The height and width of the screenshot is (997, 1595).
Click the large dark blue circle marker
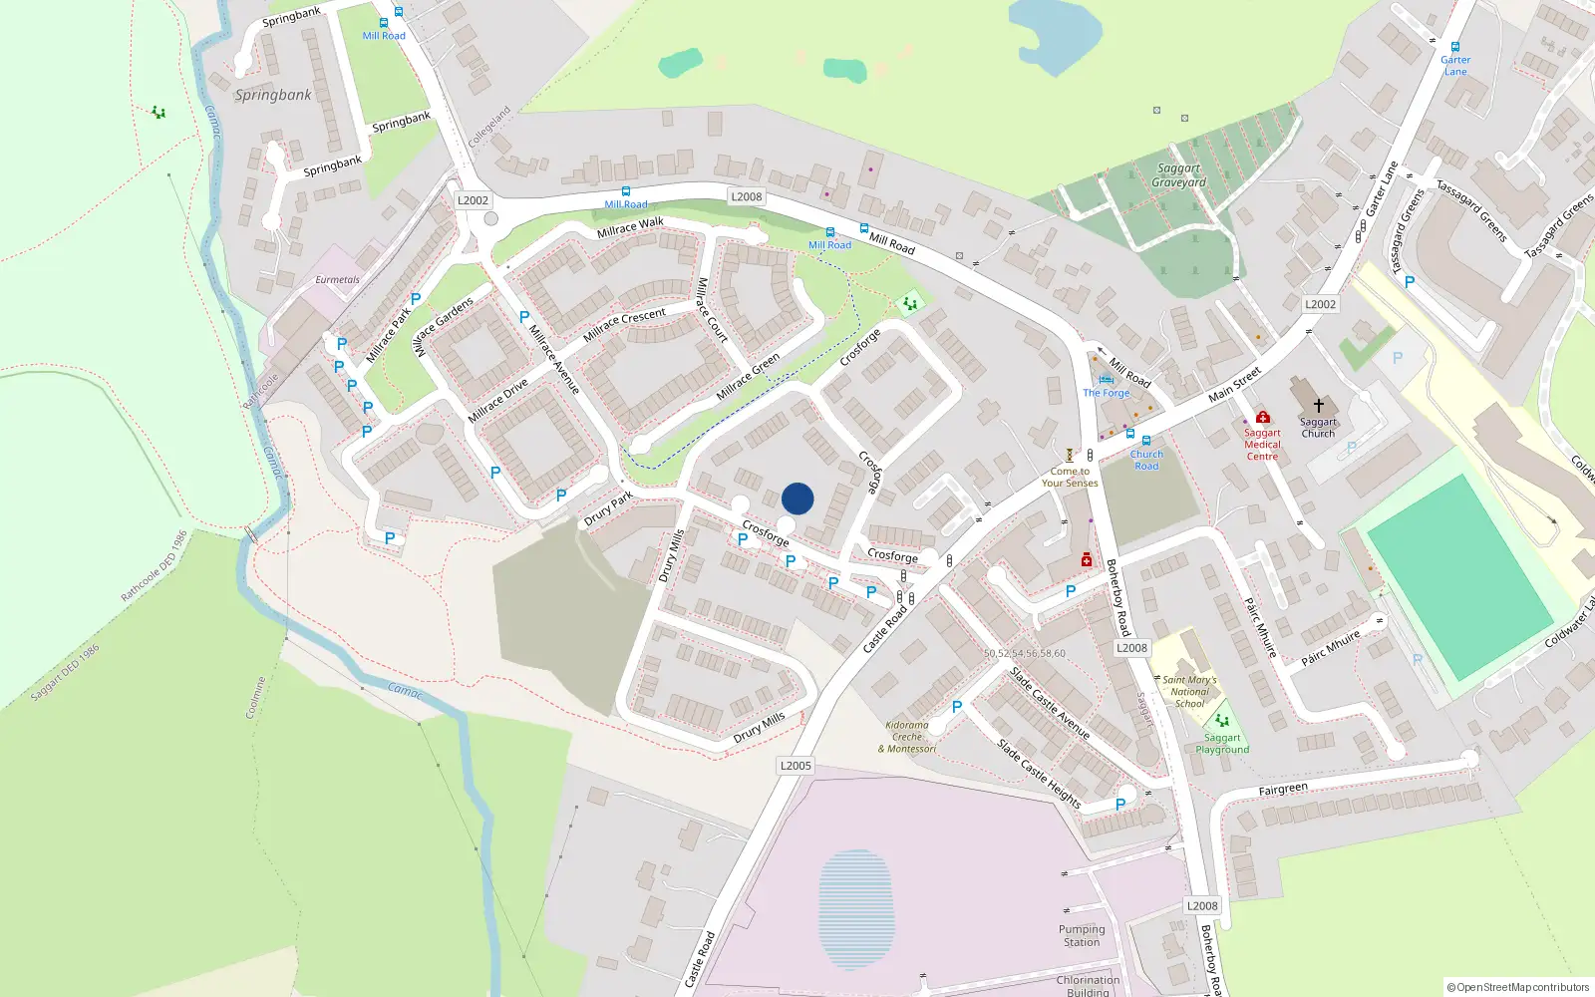tap(797, 498)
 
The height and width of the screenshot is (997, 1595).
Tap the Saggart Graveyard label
tap(1178, 175)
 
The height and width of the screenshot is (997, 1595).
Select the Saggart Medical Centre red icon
tap(1263, 417)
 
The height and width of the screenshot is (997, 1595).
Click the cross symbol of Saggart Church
tap(1318, 406)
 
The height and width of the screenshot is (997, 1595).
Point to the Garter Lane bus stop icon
tap(1455, 47)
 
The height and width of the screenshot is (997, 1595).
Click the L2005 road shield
tap(796, 766)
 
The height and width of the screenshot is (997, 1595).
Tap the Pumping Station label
tap(1082, 935)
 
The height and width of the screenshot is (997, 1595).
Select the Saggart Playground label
tap(1222, 744)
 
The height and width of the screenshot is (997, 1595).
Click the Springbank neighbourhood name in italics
tap(273, 95)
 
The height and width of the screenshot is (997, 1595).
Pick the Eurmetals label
tap(337, 280)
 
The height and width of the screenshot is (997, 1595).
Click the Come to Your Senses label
tap(1070, 478)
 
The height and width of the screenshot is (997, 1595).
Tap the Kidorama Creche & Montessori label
tap(907, 737)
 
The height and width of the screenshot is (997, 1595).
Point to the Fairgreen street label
tap(1283, 790)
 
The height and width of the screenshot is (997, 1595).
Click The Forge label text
tap(1107, 393)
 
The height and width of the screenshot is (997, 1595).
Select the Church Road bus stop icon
tap(1146, 441)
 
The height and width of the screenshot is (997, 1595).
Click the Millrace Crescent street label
tap(624, 324)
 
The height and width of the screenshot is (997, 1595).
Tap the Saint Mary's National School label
tap(1189, 691)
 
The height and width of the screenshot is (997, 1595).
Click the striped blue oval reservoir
tap(855, 908)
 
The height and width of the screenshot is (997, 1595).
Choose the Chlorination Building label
tap(1088, 985)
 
